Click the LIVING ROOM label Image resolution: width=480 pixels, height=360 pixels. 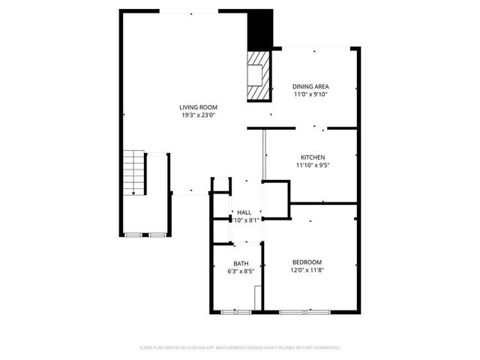[198, 107]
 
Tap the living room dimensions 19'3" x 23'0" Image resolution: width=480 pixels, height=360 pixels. [198, 115]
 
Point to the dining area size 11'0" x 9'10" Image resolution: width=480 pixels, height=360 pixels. [310, 94]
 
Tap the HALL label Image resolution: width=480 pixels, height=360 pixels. [244, 212]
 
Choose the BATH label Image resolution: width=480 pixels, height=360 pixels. [241, 262]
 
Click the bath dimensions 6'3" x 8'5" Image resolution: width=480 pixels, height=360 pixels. [241, 271]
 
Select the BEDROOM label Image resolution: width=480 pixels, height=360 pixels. [307, 262]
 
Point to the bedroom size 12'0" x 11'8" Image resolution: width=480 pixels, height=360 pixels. [307, 270]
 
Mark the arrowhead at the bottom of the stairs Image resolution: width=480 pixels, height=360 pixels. [133, 193]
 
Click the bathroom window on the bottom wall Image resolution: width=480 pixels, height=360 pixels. [235, 310]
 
